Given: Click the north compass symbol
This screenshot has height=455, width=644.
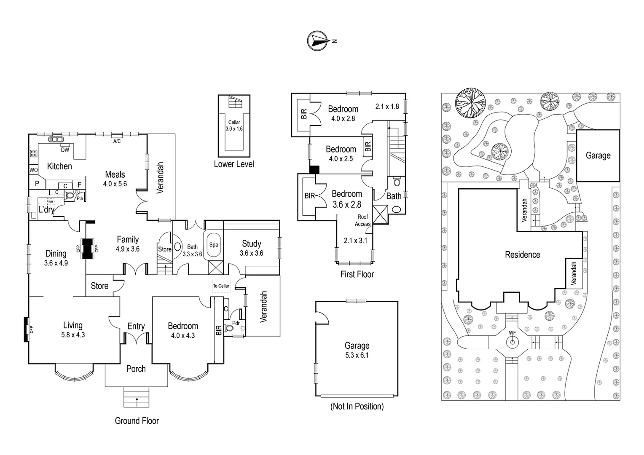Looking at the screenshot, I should coord(318,41).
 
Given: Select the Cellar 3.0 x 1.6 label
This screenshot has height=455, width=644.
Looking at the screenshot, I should coord(234,126).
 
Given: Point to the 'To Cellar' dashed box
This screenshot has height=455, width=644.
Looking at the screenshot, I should coord(221,286).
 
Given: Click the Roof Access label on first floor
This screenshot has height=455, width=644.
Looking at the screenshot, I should coord(362,220).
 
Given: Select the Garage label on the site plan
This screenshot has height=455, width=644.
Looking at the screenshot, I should coord(598,155).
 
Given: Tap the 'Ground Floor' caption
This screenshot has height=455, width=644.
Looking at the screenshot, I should coord(137,420).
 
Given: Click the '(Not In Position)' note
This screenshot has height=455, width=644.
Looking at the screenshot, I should coord(357,407).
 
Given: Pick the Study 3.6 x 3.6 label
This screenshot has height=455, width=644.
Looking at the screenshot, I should coord(252,248).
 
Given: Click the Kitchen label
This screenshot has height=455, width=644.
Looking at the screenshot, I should coord(59,166).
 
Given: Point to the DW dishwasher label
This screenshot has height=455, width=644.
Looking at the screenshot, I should coord(65,150).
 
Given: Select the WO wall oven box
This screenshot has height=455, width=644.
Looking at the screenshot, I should coord(33,170).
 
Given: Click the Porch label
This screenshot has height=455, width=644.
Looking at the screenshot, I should coord(136,369).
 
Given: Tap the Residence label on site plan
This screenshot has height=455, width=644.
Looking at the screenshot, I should coord(522,254).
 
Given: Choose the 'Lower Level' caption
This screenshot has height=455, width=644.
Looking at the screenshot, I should coord(233,164).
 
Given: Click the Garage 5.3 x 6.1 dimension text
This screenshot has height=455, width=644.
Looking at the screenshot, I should coord(357,355).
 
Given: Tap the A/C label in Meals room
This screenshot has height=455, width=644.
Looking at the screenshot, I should coord(117,141).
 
